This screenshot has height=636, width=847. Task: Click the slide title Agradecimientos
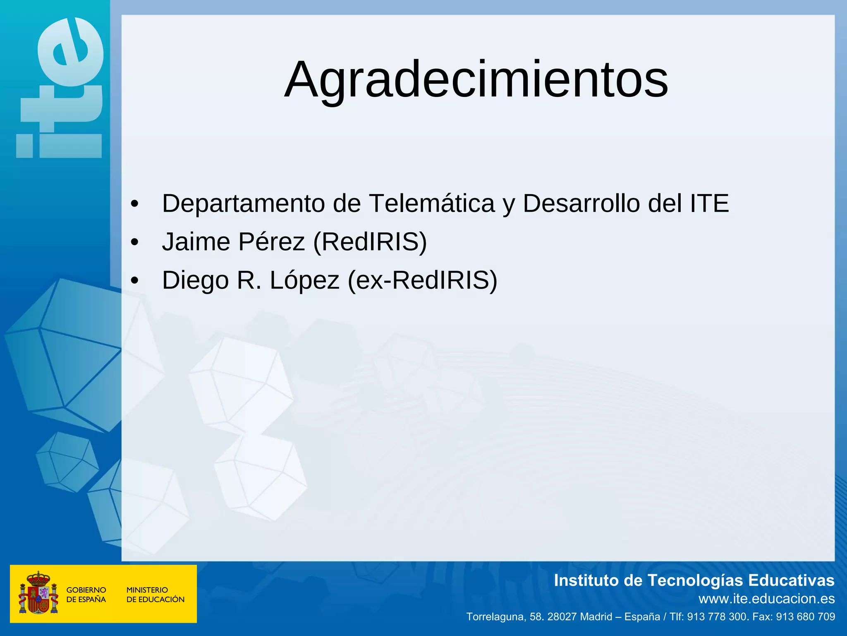coord(476,79)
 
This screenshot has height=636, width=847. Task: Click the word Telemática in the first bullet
coord(432,203)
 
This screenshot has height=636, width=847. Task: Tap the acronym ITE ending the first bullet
coord(709,203)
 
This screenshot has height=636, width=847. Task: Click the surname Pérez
coord(271,242)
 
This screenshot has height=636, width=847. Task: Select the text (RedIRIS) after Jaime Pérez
coord(370,242)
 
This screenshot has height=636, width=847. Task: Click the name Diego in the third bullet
coord(195,280)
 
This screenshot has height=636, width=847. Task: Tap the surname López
coord(304,280)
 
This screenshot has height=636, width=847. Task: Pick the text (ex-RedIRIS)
coord(422,280)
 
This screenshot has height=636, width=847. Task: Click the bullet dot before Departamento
coord(134,204)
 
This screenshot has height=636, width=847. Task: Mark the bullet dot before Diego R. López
coord(134,281)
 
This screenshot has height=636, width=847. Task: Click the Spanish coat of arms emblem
coord(38,593)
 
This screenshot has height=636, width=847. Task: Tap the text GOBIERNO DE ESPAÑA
coord(86,595)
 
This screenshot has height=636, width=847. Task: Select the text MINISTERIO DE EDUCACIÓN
coord(155,595)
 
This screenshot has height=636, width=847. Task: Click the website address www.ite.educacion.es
coord(766,599)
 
